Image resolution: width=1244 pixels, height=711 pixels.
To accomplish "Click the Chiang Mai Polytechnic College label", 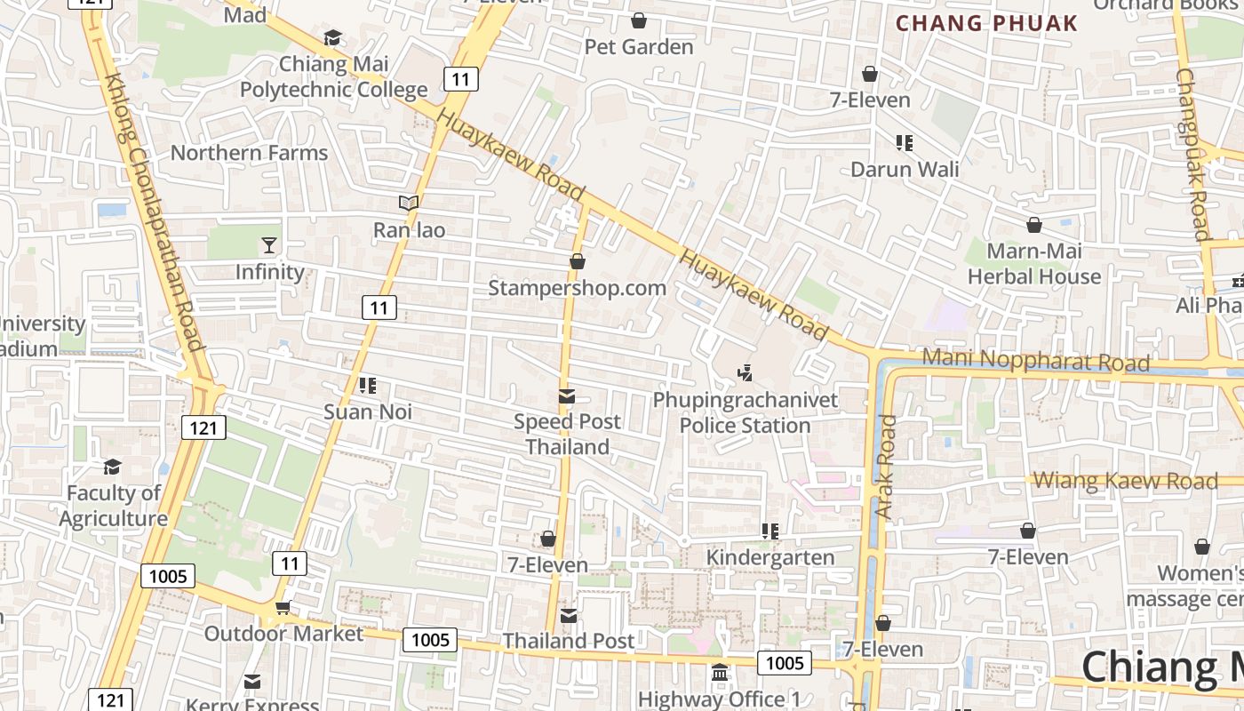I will click(x=333, y=77).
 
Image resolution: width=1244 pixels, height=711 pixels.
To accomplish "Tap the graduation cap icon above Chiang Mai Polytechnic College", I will click(x=332, y=37).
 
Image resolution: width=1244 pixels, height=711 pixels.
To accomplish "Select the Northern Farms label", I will click(x=249, y=153).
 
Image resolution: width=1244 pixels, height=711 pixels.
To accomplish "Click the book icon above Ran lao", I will click(x=409, y=203).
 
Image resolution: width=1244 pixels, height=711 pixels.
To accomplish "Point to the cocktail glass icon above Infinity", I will click(x=269, y=244).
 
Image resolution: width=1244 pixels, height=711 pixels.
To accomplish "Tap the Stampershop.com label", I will click(x=577, y=288).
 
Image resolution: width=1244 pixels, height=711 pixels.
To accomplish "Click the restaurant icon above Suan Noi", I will click(x=368, y=385).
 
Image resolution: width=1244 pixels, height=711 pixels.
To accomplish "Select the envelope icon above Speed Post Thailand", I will click(x=567, y=395).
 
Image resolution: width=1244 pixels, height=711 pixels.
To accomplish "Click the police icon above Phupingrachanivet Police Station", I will click(x=745, y=373).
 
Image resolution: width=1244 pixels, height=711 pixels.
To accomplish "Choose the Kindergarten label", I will click(x=770, y=557).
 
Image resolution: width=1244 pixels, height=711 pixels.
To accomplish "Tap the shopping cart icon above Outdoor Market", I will click(x=283, y=607).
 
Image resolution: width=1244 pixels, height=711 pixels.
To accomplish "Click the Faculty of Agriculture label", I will click(x=113, y=506).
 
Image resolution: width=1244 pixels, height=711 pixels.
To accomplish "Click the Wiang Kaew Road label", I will click(x=1125, y=481).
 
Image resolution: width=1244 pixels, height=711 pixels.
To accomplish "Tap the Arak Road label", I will click(x=886, y=467).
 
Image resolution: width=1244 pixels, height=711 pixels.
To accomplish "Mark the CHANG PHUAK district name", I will click(x=986, y=24).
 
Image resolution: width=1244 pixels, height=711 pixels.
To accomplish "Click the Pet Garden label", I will click(x=638, y=47).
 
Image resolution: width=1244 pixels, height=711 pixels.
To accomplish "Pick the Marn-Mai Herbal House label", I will click(x=1033, y=264).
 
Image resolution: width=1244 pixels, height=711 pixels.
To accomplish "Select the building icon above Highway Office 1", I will click(x=720, y=672).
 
